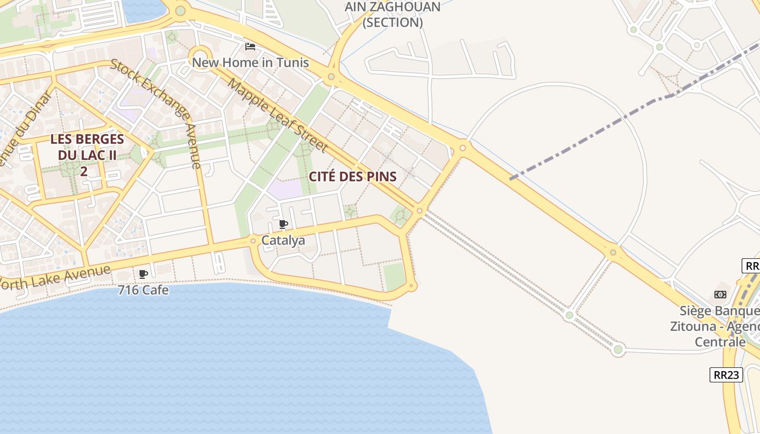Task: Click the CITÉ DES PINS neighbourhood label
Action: pyautogui.click(x=353, y=176)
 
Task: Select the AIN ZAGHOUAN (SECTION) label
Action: pyautogui.click(x=392, y=15)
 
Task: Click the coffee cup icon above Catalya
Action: pyautogui.click(x=283, y=224)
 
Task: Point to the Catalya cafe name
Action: pyautogui.click(x=283, y=240)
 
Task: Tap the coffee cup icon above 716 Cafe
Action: pyautogui.click(x=143, y=274)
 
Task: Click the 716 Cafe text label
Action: pyautogui.click(x=143, y=290)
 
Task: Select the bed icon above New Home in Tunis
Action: pyautogui.click(x=250, y=47)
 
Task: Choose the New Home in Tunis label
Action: pyautogui.click(x=250, y=62)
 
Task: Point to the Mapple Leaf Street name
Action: pyautogui.click(x=278, y=115)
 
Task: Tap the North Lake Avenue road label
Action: pyautogui.click(x=54, y=277)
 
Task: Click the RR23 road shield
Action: pyautogui.click(x=726, y=375)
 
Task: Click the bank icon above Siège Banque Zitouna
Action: pyautogui.click(x=720, y=295)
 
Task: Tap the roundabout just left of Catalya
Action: pyautogui.click(x=253, y=240)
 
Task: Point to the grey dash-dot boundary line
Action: pyautogui.click(x=592, y=136)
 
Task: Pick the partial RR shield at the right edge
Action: pyautogui.click(x=751, y=266)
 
